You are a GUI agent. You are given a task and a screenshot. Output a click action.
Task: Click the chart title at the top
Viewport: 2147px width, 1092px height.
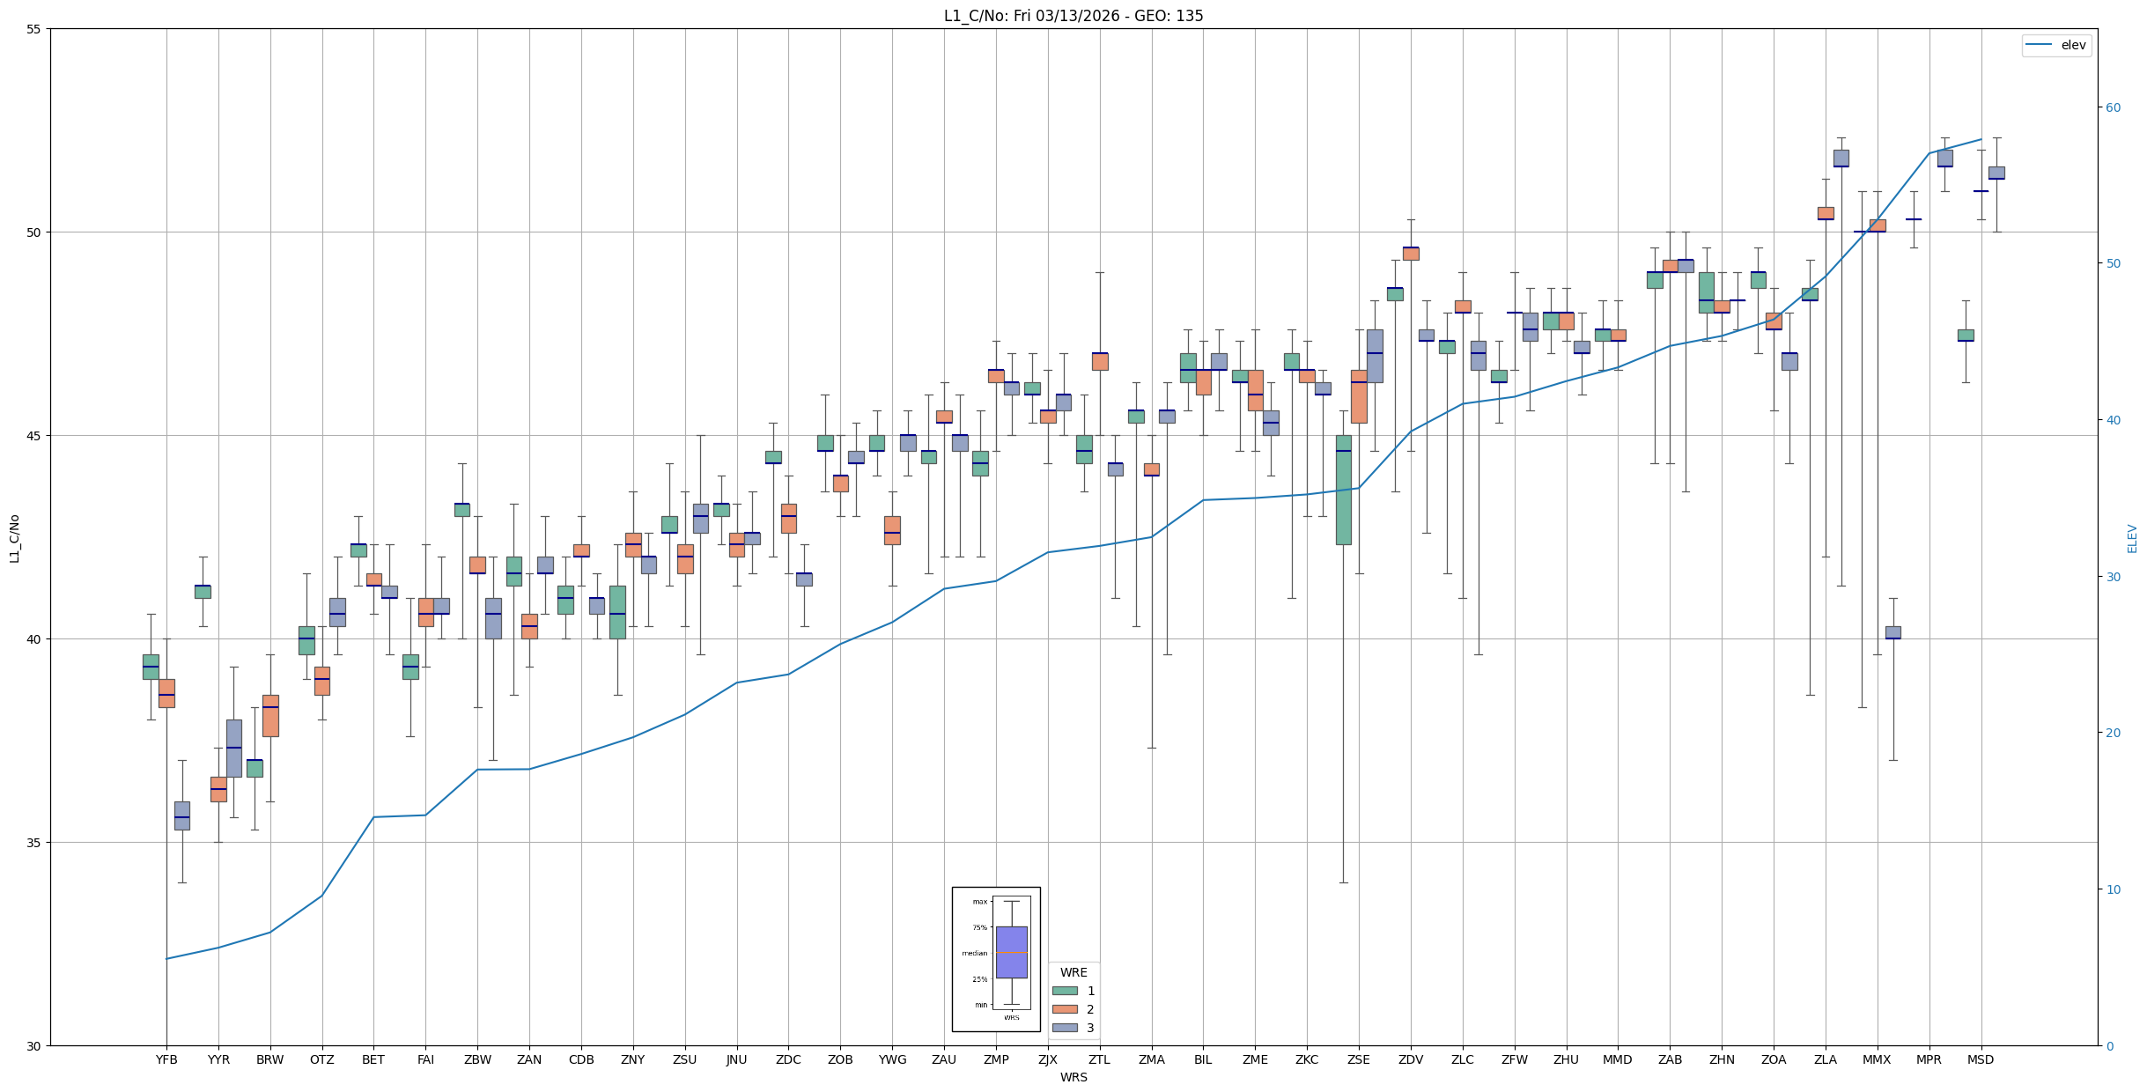1073,16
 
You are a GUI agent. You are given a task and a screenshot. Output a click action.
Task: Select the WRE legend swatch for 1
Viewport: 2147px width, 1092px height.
1065,991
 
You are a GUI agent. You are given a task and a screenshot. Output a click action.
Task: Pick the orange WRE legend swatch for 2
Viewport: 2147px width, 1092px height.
1065,1009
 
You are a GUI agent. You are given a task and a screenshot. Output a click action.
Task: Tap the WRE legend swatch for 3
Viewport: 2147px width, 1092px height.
1065,1028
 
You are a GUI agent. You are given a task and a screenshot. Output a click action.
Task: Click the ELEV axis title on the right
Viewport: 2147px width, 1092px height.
2132,538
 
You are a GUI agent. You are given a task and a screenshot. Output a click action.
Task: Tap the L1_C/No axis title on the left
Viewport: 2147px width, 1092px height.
14,538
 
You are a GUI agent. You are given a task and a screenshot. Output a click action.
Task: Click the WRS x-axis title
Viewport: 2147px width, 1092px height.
1073,1077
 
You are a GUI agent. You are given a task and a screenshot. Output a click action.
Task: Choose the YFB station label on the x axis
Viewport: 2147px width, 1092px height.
166,1059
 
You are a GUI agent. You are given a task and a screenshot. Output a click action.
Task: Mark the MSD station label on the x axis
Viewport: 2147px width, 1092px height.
1981,1059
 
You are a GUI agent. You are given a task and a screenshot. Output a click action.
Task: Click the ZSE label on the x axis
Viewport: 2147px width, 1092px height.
1359,1059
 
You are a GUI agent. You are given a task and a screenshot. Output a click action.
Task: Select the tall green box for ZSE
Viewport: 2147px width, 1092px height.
1343,490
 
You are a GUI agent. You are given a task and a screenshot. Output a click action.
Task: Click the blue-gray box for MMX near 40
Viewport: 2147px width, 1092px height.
1892,632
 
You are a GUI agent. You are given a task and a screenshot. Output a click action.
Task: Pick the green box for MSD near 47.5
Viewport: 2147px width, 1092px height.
1966,336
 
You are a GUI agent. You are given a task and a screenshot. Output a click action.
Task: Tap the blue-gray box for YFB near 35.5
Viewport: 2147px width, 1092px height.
182,815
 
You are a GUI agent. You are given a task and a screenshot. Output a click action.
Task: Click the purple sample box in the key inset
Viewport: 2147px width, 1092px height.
1011,952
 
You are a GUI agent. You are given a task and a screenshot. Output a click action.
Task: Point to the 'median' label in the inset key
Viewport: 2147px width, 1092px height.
974,953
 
